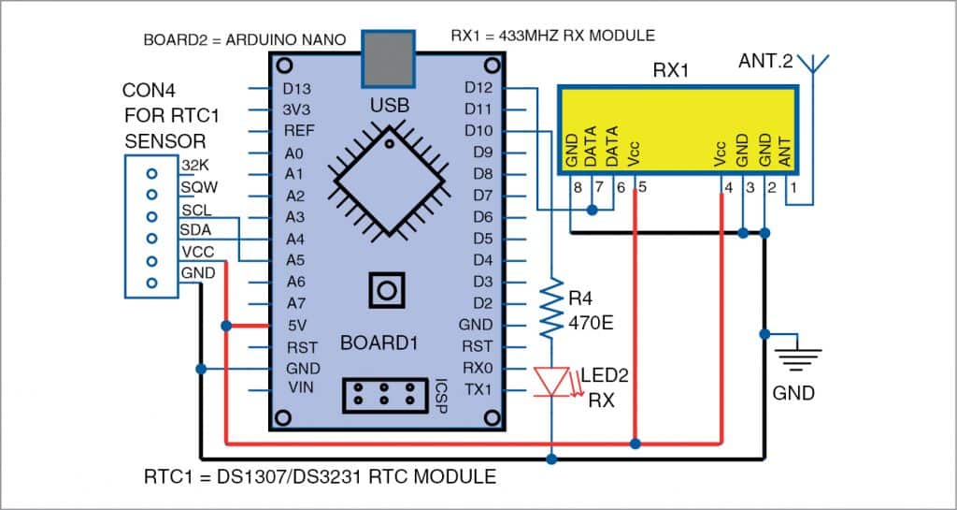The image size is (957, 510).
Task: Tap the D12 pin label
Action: click(479, 89)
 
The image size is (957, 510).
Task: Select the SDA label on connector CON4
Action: click(196, 230)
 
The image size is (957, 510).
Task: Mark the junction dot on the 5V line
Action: click(226, 326)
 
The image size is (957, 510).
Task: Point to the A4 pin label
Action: click(295, 239)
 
